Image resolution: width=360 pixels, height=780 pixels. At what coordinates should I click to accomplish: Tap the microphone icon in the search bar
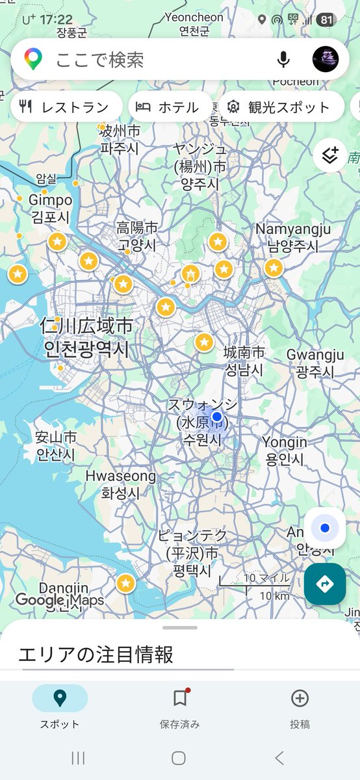tap(283, 60)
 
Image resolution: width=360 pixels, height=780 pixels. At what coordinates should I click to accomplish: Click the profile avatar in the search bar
tap(326, 59)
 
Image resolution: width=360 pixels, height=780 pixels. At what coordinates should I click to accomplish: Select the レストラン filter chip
tap(66, 107)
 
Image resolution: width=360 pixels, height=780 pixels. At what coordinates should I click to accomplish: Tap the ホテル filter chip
tap(170, 107)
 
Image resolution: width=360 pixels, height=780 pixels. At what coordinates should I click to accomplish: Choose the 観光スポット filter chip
tap(281, 107)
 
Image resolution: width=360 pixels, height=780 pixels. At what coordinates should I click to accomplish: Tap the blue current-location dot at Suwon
tap(217, 417)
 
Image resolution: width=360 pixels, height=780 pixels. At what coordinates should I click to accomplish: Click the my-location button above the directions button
tap(325, 528)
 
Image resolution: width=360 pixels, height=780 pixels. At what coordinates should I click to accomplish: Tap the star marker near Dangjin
tap(125, 584)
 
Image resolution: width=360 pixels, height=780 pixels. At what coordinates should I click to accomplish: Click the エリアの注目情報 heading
tap(96, 654)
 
